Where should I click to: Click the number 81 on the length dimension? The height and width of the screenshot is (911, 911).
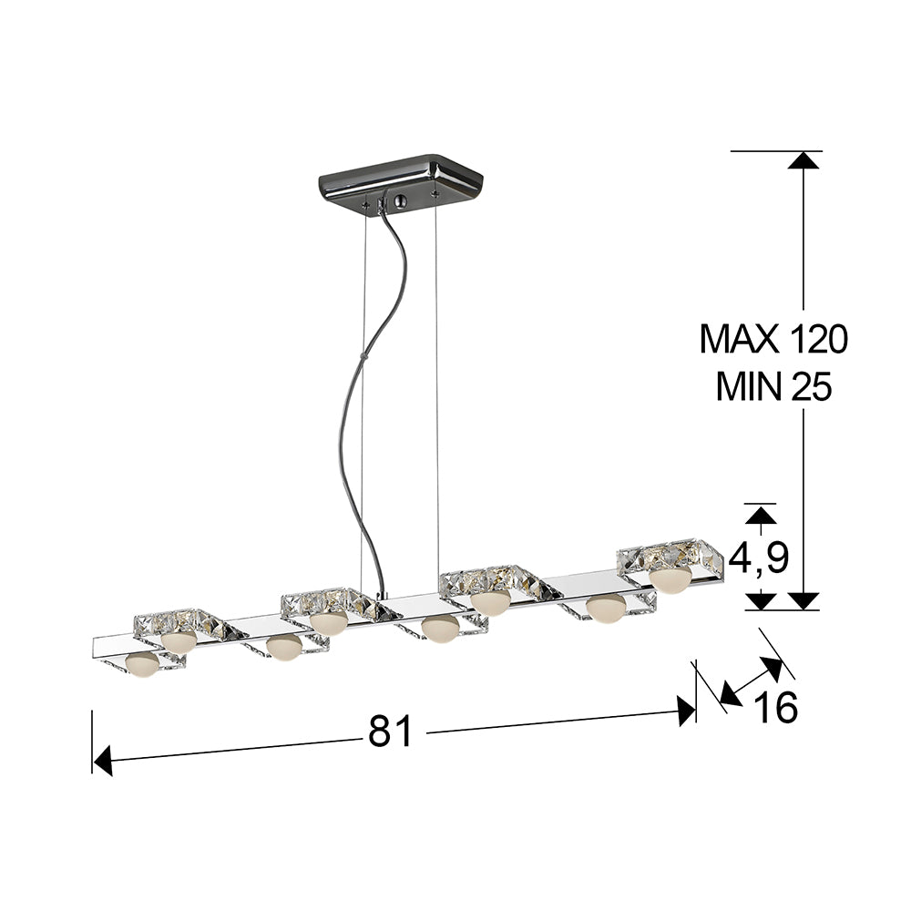[x=391, y=732]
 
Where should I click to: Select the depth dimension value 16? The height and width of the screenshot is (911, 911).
[x=776, y=708]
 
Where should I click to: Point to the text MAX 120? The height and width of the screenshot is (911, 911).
[x=773, y=340]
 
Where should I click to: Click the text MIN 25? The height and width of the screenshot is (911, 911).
[x=773, y=388]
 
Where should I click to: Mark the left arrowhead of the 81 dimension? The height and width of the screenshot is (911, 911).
[x=102, y=760]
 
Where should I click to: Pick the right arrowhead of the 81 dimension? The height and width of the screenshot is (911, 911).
[x=686, y=709]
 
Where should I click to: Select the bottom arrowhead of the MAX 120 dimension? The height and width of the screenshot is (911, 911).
[x=803, y=600]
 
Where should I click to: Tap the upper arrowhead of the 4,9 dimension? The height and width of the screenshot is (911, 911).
[x=761, y=515]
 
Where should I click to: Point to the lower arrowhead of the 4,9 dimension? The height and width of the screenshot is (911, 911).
[x=761, y=600]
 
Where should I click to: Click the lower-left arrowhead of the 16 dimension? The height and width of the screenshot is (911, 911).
[x=727, y=697]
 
